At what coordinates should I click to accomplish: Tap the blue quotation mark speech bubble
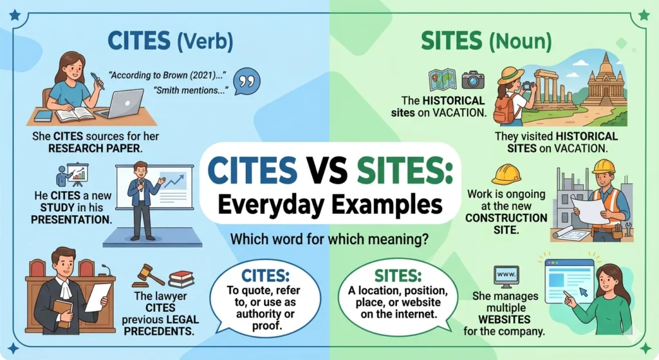tap(245, 82)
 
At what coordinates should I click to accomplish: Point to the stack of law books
tap(181, 278)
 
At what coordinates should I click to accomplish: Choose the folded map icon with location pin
tap(443, 80)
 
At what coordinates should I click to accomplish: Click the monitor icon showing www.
tap(505, 276)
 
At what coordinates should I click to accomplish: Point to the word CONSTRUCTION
tap(508, 218)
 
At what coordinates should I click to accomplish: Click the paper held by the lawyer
tap(98, 296)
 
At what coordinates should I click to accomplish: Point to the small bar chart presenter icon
tap(72, 174)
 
